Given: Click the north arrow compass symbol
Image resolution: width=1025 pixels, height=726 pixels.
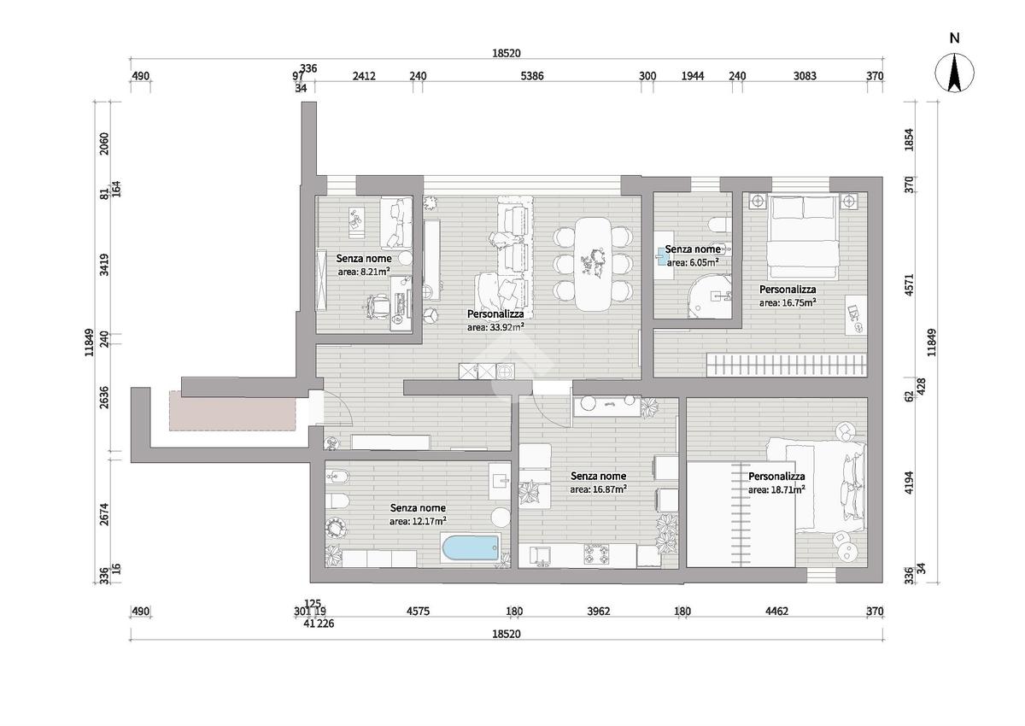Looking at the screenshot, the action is coord(954,73).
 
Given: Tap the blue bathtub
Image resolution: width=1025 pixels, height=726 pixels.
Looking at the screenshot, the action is coord(471,548).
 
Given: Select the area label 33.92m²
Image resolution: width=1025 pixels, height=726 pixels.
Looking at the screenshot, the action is coord(495,327).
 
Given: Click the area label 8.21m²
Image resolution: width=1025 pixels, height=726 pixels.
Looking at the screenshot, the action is coord(364,272).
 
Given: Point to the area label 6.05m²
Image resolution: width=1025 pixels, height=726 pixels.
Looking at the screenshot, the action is coord(693,262).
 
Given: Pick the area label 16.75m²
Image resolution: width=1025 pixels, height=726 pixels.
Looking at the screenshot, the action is coord(788,302).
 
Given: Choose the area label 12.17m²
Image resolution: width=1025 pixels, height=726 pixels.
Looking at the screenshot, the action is coord(419,521).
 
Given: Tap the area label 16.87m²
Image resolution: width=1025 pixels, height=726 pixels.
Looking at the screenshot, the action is coord(599,489).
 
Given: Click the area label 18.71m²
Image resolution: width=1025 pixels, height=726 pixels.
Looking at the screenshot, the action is coord(777,489).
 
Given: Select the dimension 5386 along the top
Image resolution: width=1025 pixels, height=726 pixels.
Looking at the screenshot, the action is coord(532,76).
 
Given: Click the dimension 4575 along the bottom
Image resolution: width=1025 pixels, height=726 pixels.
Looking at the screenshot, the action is coord(419,612).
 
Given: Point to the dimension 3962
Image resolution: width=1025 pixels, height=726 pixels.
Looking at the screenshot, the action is coord(599,612).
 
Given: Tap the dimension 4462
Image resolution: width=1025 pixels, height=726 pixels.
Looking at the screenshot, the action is coord(777,612).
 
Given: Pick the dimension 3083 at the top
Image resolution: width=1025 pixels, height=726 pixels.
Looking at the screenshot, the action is coord(805,76).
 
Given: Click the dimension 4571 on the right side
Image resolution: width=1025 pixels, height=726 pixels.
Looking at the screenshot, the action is coord(909,284).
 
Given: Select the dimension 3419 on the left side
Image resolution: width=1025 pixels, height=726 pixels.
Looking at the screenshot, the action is coord(104,265).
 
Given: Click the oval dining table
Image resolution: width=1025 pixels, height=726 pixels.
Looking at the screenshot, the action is coord(593,265).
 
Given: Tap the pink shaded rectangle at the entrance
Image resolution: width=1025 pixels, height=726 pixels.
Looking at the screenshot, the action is coord(232,411).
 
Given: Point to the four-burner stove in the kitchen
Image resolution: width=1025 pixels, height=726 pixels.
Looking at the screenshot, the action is coord(597,554).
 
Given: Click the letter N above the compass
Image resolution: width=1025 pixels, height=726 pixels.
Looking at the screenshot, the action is coord(955,38).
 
